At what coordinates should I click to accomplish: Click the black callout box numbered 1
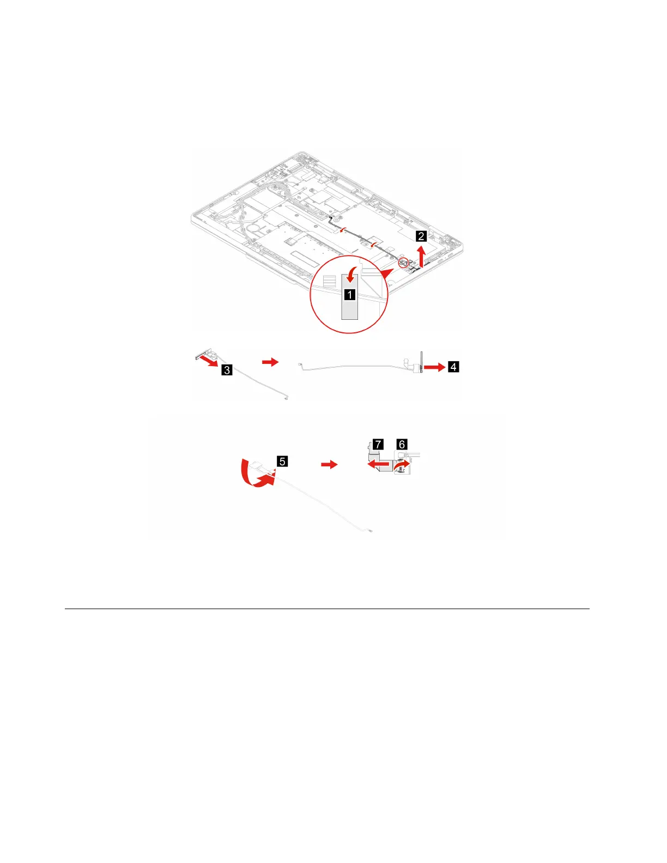(x=349, y=295)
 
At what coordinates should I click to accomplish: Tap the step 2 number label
(x=421, y=236)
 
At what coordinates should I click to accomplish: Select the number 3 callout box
(x=227, y=370)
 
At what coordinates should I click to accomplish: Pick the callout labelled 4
(x=453, y=367)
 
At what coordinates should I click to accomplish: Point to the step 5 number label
(x=282, y=461)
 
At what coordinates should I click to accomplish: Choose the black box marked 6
(x=402, y=444)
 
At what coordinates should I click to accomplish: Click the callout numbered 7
(x=378, y=444)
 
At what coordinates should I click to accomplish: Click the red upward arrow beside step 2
(x=421, y=256)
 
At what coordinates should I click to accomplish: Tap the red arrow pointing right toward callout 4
(x=435, y=368)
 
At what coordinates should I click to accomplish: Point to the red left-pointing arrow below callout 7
(x=379, y=465)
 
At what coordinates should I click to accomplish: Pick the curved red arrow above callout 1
(x=352, y=271)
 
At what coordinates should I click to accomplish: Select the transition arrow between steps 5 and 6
(x=329, y=464)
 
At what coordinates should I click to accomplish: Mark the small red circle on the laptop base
(x=404, y=263)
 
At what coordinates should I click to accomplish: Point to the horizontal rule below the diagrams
(x=327, y=609)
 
